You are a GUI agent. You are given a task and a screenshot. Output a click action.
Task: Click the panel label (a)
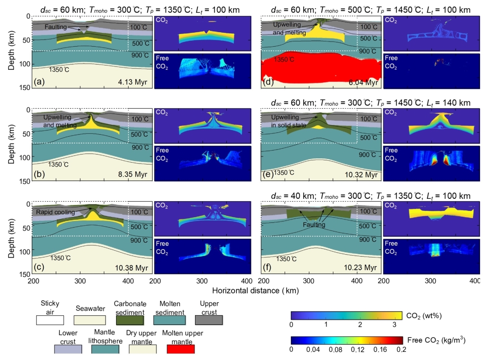click(x=40, y=83)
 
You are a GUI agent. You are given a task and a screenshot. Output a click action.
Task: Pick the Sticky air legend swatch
click(x=51, y=319)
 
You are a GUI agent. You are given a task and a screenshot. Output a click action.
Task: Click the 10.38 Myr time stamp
click(x=132, y=268)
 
